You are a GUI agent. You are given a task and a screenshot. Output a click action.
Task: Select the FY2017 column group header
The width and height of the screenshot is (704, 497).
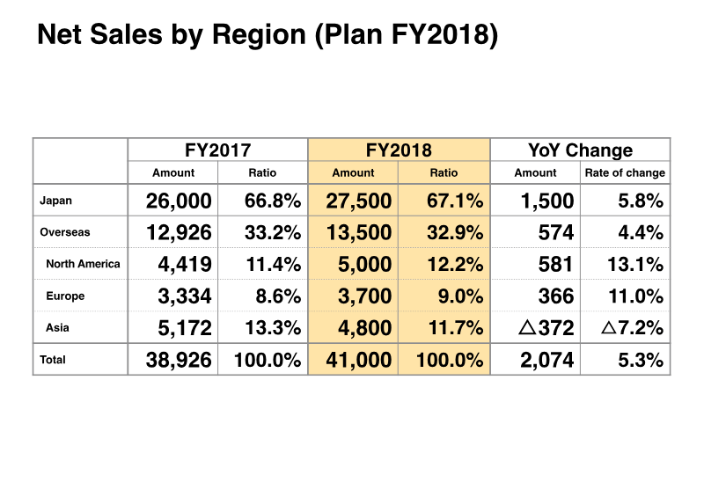click(x=217, y=150)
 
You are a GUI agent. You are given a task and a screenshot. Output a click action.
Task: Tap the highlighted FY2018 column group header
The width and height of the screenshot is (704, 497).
click(x=399, y=150)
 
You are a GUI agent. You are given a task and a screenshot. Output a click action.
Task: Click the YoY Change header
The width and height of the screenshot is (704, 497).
click(x=580, y=150)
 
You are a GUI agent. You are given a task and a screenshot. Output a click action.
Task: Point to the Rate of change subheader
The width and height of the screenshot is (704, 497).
click(x=625, y=173)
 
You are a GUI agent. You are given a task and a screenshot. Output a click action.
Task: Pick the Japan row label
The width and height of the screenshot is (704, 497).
click(x=56, y=201)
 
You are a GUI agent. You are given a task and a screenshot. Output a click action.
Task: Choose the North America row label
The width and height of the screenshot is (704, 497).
click(x=83, y=264)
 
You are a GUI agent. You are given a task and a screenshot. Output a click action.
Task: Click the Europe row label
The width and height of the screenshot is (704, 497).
click(x=65, y=296)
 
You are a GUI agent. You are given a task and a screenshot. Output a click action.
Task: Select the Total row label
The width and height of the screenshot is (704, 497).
click(x=53, y=360)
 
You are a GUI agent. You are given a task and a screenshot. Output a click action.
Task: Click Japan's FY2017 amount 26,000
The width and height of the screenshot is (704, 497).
click(x=179, y=201)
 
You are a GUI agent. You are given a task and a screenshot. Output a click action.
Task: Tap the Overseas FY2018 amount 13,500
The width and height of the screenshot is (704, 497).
click(x=358, y=233)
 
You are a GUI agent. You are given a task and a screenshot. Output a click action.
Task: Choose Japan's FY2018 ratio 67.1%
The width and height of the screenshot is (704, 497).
click(x=453, y=201)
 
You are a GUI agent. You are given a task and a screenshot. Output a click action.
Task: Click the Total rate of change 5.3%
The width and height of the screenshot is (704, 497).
click(x=640, y=360)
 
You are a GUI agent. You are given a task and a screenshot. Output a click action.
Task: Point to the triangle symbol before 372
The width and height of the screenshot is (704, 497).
click(x=527, y=328)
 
